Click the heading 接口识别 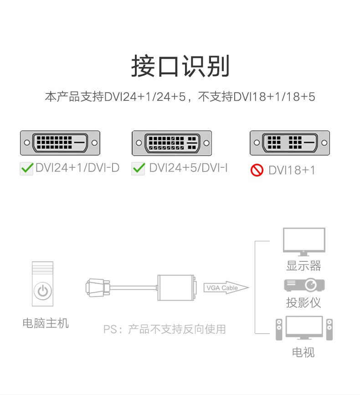180,66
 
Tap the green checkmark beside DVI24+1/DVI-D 27,168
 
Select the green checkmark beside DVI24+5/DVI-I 138,168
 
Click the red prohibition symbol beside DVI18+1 257,170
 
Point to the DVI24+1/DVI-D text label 77,168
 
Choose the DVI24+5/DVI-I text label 188,168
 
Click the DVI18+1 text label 292,170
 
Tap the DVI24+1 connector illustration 60,143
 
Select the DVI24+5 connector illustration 172,143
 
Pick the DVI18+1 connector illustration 290,143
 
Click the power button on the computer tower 42,291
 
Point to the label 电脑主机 46,323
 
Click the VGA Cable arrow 226,288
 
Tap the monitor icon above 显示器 304,242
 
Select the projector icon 304,285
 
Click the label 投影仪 303,302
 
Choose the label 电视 303,352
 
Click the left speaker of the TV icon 279,329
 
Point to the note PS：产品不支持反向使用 165,329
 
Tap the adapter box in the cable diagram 176,288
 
